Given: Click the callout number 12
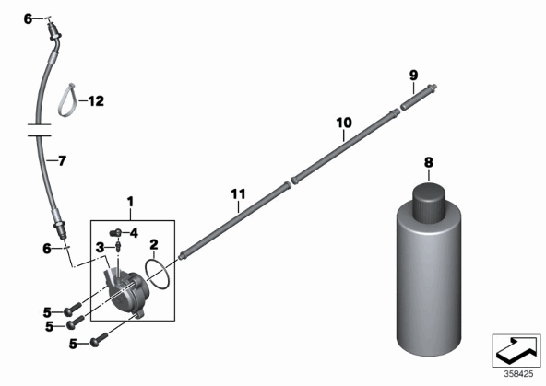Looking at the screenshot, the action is point(96,101).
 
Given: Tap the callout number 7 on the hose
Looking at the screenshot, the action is point(62,161).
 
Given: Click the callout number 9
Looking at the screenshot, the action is point(413,76).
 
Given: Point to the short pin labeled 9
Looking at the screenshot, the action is point(418,97).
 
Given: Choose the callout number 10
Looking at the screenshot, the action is point(344,123).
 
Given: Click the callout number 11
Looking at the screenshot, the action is point(239,194).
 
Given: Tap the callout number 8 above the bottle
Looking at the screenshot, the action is point(429,162).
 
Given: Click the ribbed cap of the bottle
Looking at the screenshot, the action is point(429,203).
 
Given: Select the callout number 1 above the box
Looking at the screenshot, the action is point(130,202).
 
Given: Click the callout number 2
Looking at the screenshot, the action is point(154,245).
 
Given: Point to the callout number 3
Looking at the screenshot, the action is point(100,248).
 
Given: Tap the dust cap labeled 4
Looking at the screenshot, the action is point(115,233).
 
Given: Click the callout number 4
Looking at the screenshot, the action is point(134,233).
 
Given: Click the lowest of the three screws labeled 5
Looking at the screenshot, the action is point(99,340).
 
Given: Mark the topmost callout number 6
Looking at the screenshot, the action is point(28,18).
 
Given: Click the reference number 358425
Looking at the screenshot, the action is point(518,374).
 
